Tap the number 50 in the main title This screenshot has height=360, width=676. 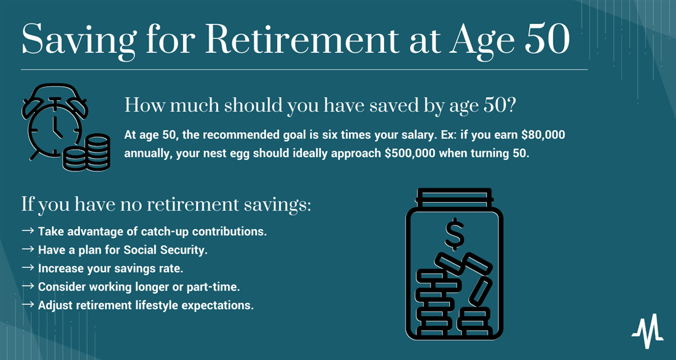tap(547, 40)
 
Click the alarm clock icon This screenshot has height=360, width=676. tap(54, 121)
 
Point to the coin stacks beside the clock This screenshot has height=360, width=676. tap(87, 152)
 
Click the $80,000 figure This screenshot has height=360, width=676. tap(543, 135)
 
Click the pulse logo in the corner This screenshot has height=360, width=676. tap(648, 331)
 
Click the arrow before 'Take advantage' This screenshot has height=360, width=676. tap(28, 230)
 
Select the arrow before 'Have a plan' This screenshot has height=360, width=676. tap(28, 249)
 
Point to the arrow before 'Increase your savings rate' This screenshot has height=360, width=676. tap(28, 268)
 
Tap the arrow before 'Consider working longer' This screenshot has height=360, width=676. tap(28, 286)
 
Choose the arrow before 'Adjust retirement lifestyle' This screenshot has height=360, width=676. tap(28, 304)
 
